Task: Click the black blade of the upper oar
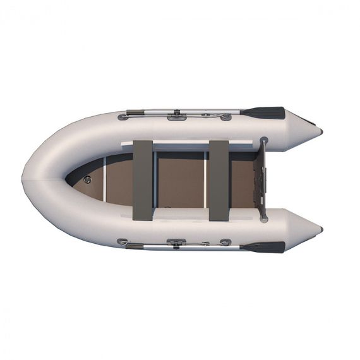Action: point(264,113)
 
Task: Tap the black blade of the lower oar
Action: point(264,247)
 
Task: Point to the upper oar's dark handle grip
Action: point(135,113)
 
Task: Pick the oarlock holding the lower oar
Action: point(176,243)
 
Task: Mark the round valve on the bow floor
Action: point(87,180)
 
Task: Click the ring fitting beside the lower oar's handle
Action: point(123,241)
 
